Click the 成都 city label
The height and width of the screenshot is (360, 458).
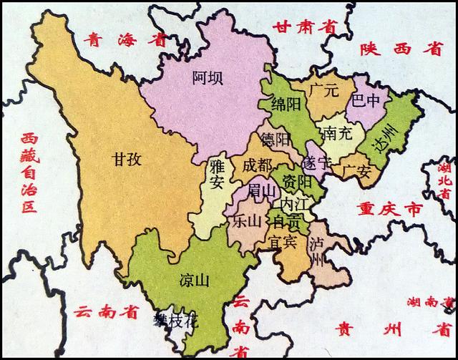click(x=257, y=165)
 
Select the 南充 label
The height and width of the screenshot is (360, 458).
click(x=336, y=133)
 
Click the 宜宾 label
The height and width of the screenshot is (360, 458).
click(x=283, y=242)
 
